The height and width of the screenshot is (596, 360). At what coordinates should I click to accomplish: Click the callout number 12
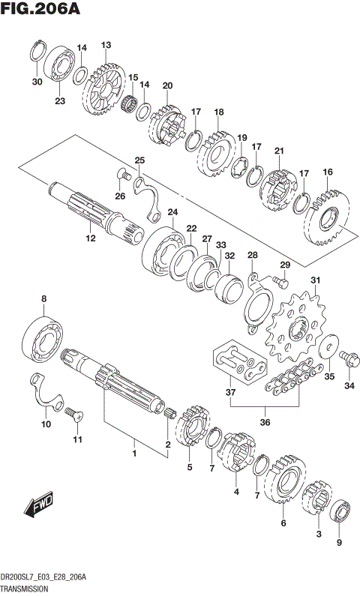click(x=90, y=238)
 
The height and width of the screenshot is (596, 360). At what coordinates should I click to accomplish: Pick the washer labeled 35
click(x=326, y=349)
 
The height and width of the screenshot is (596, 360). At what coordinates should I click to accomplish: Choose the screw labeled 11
click(x=73, y=412)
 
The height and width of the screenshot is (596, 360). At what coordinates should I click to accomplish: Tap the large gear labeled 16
click(x=328, y=220)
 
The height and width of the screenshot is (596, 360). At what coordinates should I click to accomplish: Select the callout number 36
click(x=264, y=422)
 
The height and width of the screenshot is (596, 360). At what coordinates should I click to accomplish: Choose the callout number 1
click(x=134, y=454)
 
